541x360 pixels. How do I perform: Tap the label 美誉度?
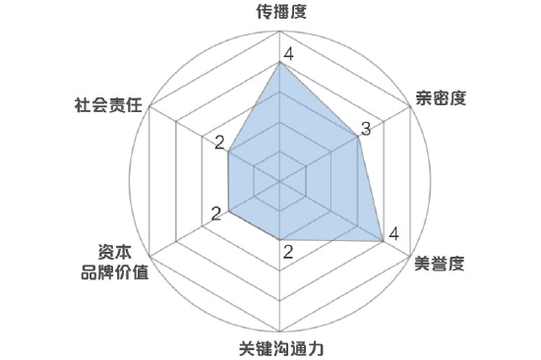(440, 263)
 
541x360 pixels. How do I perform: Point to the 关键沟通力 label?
(281, 348)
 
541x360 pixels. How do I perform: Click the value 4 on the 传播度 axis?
(287, 54)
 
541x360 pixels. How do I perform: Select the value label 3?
(365, 130)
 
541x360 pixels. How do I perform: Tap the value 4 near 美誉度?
(393, 234)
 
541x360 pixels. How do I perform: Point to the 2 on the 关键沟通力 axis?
(287, 252)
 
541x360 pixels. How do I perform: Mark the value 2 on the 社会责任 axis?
(218, 143)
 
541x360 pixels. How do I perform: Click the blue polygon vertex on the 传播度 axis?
(281, 63)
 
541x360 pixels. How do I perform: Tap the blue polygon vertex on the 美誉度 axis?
(384, 240)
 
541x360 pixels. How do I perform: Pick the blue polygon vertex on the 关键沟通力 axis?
(281, 240)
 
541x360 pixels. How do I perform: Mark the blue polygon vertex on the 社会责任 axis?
(229, 151)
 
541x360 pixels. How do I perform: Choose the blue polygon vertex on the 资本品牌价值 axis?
(229, 210)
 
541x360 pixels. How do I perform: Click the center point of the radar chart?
(281, 181)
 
